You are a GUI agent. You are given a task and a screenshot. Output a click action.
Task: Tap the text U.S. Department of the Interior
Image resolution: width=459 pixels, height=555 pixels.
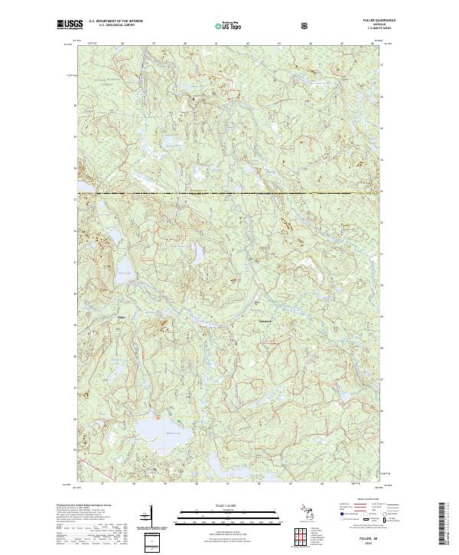point(115,21)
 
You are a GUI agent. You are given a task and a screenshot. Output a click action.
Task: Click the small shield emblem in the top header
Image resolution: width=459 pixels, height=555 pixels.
point(304,25)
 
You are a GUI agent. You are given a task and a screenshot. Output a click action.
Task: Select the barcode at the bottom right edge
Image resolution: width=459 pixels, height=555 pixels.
point(442,527)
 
